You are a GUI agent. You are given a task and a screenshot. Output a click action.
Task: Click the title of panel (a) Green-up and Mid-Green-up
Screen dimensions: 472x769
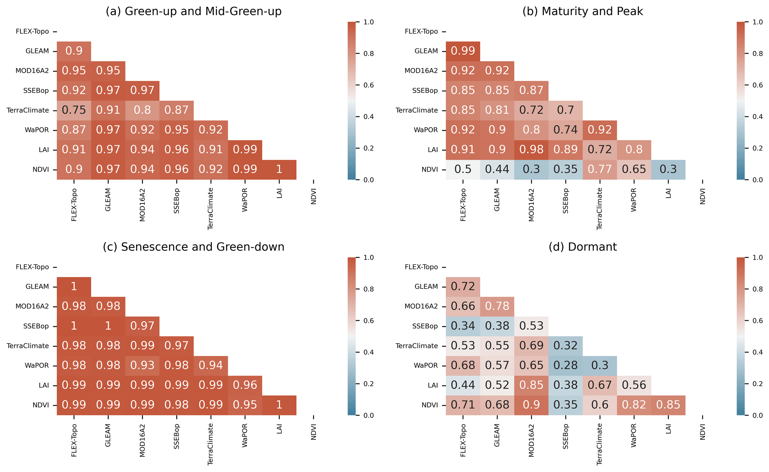pos(193,12)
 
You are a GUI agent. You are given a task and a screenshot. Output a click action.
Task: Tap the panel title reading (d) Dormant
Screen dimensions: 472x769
pos(583,247)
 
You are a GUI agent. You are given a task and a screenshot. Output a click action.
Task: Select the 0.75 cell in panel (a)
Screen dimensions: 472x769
pos(74,110)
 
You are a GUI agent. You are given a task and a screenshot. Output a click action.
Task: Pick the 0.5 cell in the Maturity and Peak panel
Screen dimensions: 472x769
pos(463,170)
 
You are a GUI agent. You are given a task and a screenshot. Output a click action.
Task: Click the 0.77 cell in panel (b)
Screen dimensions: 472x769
pos(600,170)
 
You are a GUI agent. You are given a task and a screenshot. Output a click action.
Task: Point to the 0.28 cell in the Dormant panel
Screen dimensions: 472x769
pos(566,366)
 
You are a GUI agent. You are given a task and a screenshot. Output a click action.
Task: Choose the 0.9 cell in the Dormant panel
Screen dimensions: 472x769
pos(532,405)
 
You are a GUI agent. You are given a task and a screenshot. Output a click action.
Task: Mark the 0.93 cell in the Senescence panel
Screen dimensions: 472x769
pos(142,366)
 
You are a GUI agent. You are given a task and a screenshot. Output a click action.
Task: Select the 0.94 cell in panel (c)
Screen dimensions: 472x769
pos(211,366)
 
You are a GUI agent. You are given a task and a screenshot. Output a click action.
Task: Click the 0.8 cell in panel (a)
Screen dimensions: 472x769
pos(142,110)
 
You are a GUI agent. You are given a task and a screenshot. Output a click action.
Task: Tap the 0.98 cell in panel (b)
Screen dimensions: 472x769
pos(532,150)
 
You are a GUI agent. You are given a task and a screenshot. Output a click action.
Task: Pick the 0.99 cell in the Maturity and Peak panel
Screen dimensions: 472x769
pos(463,51)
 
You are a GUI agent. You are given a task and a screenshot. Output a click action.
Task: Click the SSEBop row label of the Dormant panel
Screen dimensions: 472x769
pos(425,326)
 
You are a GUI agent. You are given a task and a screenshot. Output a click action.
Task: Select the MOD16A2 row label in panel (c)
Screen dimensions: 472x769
pos(32,306)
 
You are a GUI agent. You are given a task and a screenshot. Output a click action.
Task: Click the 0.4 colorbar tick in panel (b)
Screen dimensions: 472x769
pos(757,117)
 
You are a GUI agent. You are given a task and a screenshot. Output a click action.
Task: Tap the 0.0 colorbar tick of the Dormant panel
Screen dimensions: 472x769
pos(757,415)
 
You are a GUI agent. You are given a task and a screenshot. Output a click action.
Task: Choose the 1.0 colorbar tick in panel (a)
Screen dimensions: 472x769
pos(369,22)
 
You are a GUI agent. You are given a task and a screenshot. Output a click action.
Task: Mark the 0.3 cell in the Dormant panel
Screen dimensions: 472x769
pos(600,366)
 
